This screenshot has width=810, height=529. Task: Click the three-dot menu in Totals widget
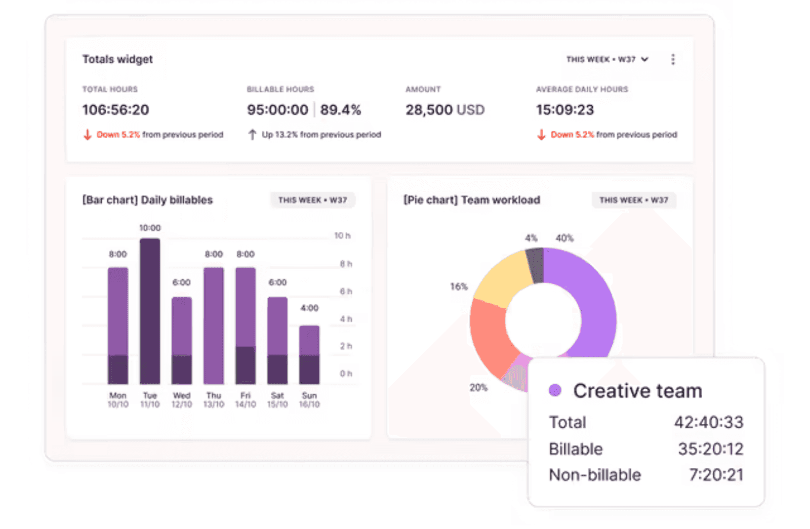pos(672,59)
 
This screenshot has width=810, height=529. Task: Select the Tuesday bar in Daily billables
pos(150,311)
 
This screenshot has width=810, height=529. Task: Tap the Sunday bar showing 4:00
pos(309,354)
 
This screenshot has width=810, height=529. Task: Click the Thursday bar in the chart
pos(214,325)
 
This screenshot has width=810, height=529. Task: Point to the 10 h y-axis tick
pos(342,235)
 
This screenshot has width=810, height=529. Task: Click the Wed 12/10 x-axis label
pos(182,399)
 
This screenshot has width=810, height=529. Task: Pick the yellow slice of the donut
pos(501,278)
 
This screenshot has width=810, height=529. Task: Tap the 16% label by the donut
pos(459,287)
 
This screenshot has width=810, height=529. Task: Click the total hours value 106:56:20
pos(115,110)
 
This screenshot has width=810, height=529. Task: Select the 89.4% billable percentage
pos(340,110)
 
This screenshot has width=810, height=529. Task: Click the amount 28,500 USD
pos(444,110)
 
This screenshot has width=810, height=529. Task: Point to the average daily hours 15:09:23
pos(564,110)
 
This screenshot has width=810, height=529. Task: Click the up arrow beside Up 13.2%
pos(252,135)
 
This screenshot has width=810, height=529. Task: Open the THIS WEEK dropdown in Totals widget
pos(607,59)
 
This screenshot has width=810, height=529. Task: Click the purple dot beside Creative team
pos(555,390)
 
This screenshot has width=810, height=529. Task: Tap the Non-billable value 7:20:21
pos(716,475)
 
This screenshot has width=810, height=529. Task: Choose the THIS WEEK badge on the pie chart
pos(633,200)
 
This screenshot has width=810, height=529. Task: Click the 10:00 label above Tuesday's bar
pos(150,228)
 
